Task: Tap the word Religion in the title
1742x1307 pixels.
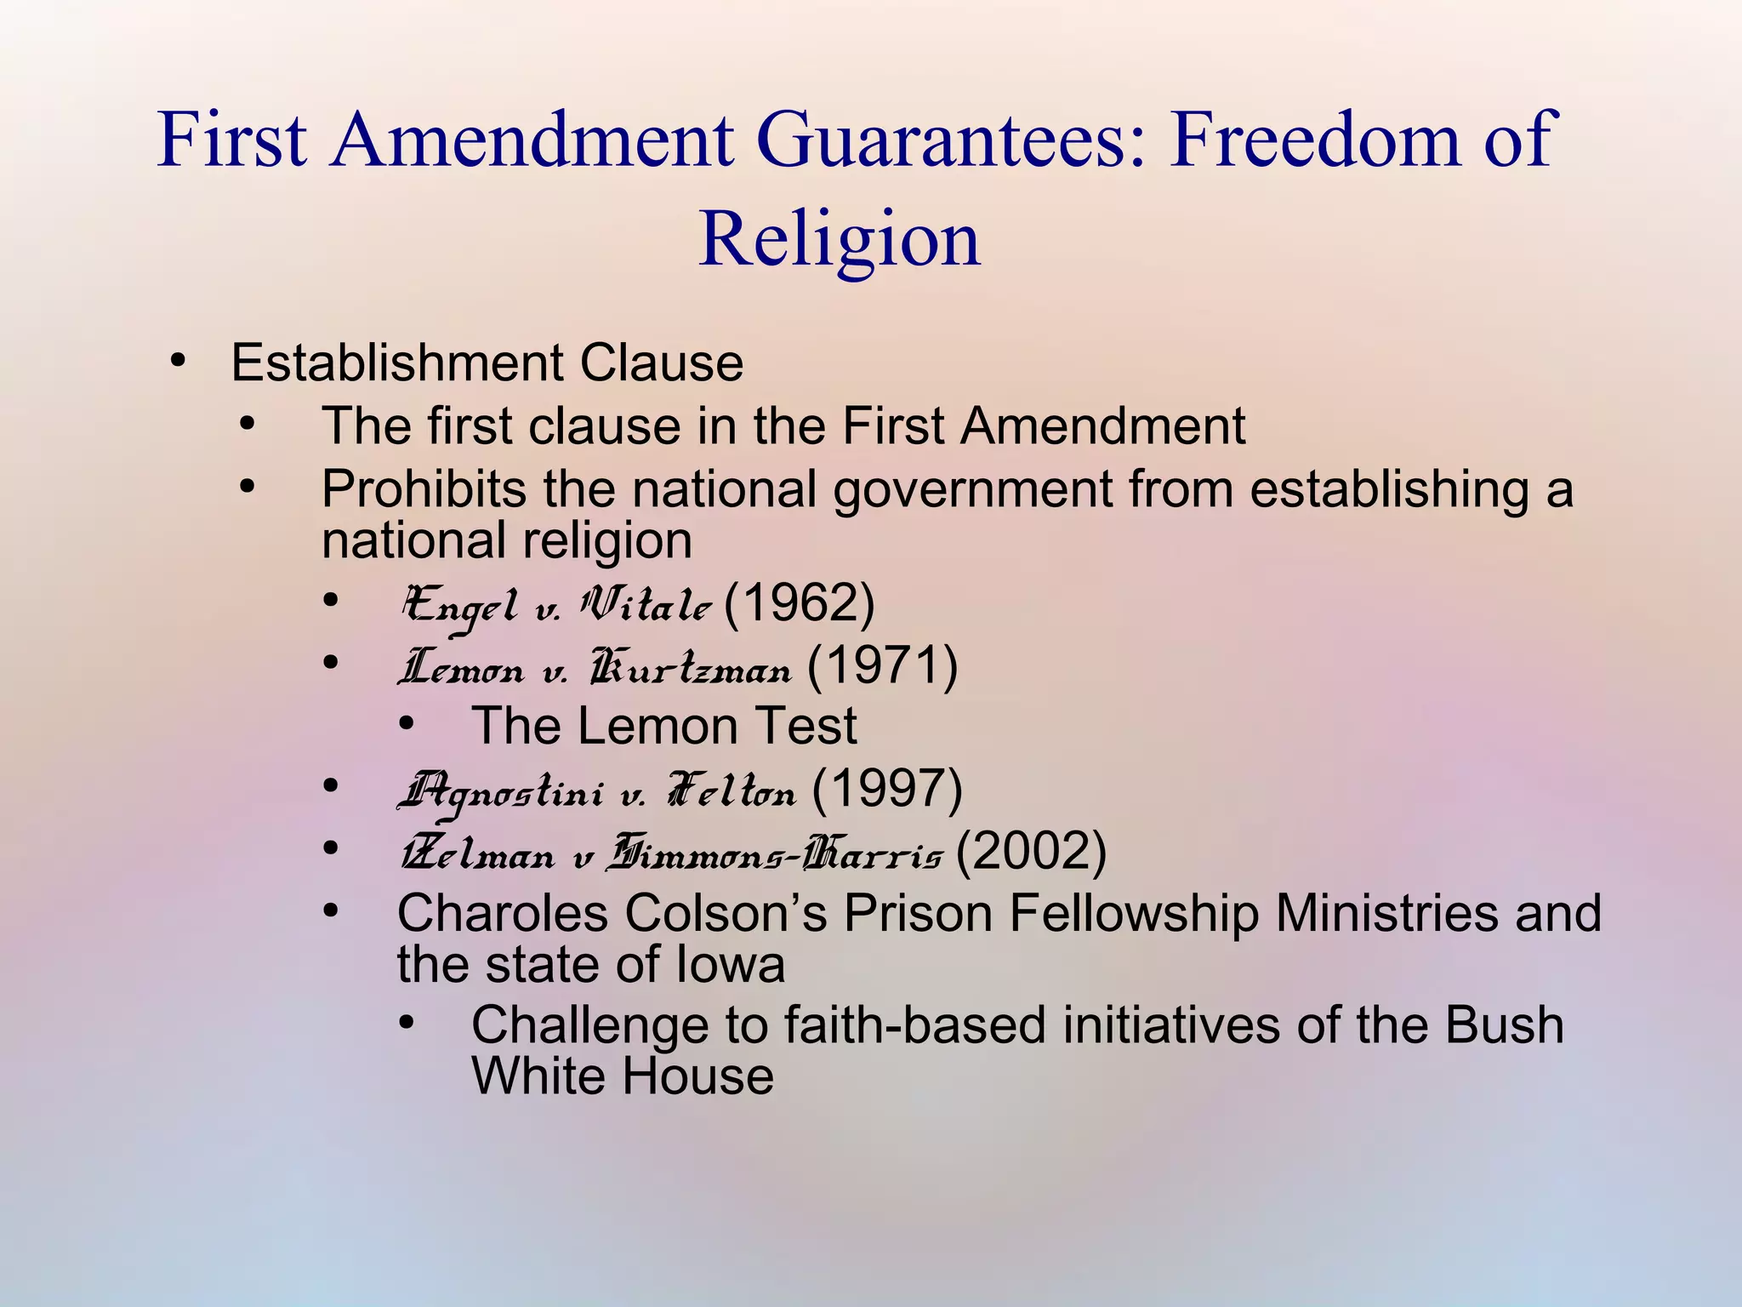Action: coord(839,239)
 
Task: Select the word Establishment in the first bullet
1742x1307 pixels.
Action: coord(397,363)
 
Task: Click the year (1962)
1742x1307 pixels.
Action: coord(799,604)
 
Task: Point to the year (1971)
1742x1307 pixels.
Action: coord(882,666)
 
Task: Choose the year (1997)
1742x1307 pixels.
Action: coord(887,789)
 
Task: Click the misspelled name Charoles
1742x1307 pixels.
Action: coord(503,914)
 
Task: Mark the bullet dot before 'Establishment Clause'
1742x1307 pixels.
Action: coord(178,362)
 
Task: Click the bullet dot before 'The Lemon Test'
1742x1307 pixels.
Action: coord(407,725)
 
